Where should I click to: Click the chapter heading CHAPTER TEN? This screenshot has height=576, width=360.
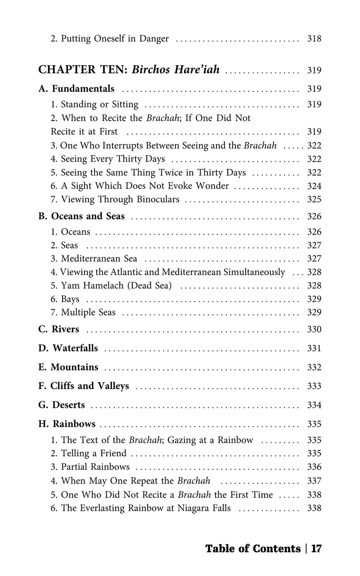84,70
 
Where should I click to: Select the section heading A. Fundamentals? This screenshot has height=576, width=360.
76,89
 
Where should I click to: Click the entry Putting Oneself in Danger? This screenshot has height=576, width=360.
110,39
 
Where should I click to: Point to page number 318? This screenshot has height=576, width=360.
314,39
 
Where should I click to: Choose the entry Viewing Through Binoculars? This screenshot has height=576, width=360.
115,199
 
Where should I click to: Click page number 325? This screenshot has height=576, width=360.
314,199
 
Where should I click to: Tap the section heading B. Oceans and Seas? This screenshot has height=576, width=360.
81,216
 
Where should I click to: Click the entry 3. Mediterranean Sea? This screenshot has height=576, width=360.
94,259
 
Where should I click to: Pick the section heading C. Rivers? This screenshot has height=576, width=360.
59,329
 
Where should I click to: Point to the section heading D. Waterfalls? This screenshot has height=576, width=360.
68,348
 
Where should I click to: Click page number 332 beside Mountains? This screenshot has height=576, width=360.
314,367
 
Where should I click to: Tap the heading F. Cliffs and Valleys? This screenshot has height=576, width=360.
84,386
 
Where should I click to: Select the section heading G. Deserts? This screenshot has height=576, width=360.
62,405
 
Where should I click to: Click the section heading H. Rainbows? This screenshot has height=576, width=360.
67,424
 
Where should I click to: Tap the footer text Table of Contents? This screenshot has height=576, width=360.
253,549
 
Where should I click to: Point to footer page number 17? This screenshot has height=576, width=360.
316,549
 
